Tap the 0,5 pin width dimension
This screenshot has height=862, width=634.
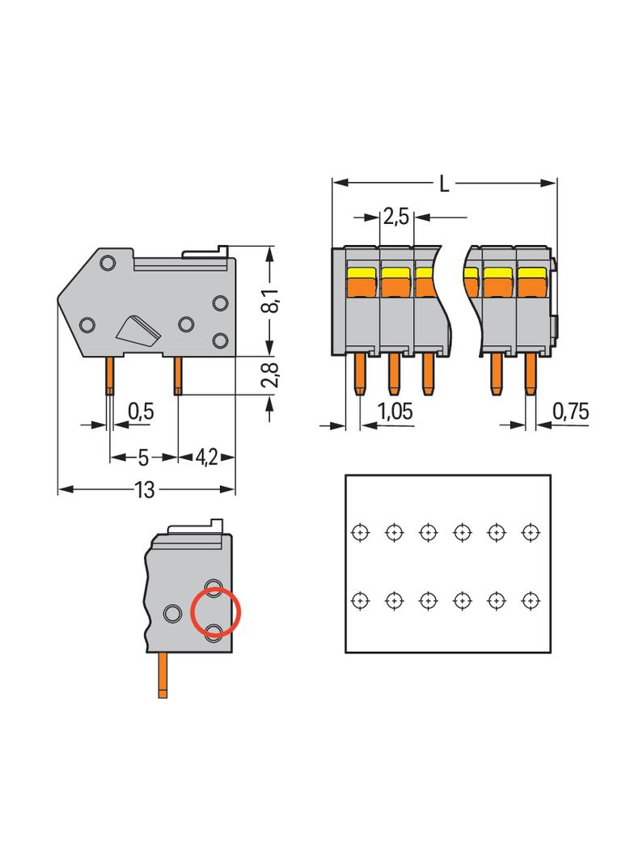point(141,412)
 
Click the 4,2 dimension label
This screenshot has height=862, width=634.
point(205,458)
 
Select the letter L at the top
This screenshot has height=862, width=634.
point(444,184)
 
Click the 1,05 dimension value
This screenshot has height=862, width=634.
point(395,412)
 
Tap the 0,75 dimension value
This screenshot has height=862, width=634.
point(570,412)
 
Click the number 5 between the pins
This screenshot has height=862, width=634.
point(143,458)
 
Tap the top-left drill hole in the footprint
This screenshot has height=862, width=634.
point(360,532)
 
